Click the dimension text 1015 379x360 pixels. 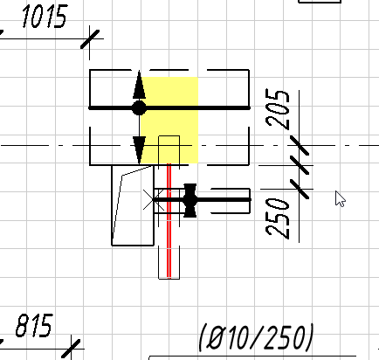pos(45,17)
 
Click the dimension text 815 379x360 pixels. pos(34,325)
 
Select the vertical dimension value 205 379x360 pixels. pos(278,108)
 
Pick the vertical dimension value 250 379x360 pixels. pos(278,218)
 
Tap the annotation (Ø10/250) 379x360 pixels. pos(256,337)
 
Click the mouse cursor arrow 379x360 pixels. pos(340,198)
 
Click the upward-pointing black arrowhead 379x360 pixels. pos(139,85)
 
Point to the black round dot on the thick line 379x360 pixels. pos(139,108)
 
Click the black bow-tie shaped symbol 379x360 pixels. pos(190,200)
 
